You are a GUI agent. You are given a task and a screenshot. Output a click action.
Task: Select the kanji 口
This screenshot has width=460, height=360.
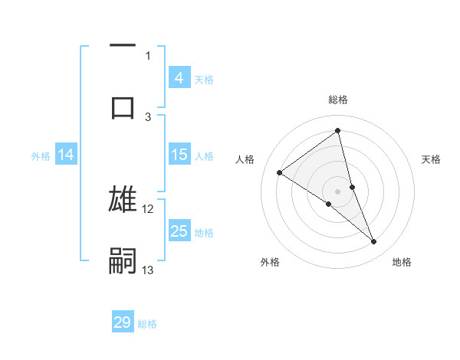tap(123, 106)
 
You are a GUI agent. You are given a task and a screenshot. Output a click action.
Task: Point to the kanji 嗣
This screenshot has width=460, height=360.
tap(123, 260)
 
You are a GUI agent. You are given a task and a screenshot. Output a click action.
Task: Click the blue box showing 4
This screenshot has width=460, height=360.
tap(179, 77)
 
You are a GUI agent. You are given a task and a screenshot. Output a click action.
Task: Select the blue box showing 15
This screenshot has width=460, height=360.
tap(179, 155)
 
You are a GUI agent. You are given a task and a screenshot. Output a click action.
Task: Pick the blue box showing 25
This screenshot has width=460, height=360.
tap(179, 231)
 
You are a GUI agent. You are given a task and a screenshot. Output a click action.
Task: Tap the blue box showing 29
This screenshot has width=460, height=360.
tap(123, 322)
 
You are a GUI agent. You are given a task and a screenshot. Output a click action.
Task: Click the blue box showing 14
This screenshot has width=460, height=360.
tap(66, 155)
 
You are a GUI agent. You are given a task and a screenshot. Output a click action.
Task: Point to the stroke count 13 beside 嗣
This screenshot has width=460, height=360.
tap(148, 270)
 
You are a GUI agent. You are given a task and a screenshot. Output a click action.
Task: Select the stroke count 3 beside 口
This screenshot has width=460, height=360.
tap(148, 116)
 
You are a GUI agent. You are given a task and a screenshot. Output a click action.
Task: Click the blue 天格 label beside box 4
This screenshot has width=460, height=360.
tap(204, 79)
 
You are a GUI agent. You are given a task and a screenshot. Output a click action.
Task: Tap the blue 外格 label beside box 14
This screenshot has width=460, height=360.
tap(41, 155)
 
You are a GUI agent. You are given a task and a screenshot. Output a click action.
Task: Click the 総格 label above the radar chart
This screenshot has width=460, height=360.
tap(338, 100)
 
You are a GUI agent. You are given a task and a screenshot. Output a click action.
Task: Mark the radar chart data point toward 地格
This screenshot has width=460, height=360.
tap(374, 242)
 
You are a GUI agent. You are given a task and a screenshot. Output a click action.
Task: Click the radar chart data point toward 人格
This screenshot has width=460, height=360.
tap(280, 172)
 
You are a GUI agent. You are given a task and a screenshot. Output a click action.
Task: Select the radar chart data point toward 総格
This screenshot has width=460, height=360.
tap(338, 131)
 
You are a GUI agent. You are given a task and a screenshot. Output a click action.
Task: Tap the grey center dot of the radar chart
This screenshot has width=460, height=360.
tap(338, 191)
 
